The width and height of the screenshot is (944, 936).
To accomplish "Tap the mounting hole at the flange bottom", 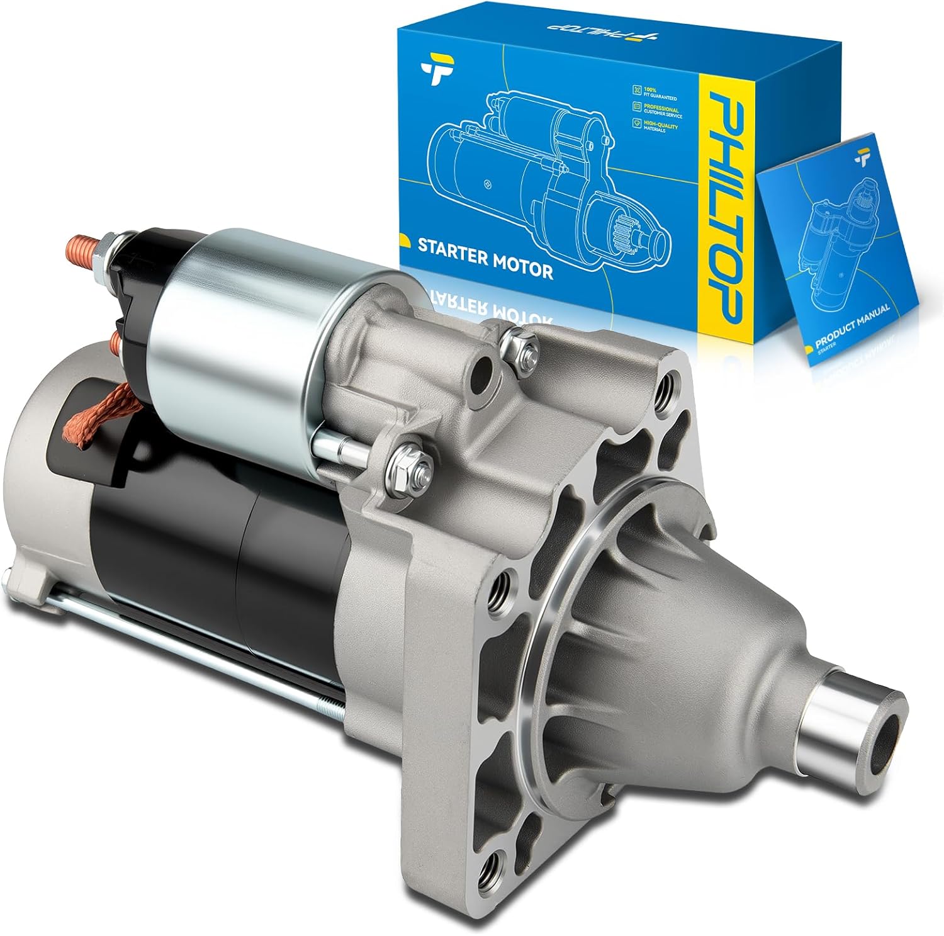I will click(491, 872).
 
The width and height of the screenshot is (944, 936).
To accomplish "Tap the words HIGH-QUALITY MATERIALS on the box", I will click(660, 128).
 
